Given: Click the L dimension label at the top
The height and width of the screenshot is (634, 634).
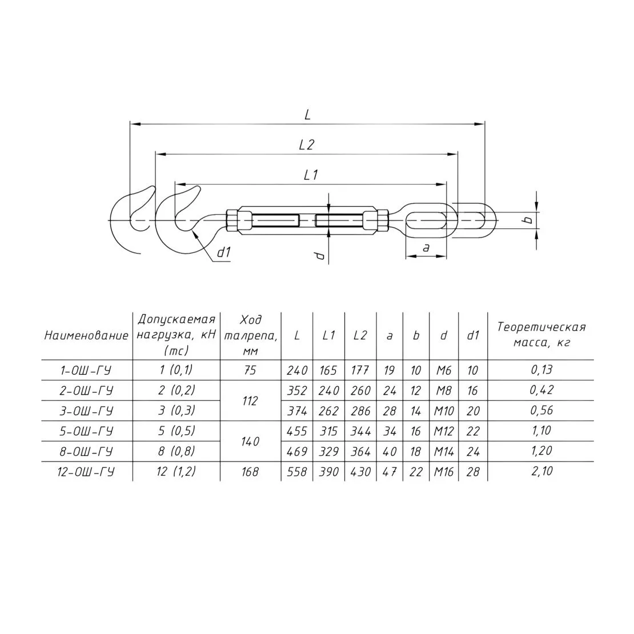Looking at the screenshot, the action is tap(307, 115).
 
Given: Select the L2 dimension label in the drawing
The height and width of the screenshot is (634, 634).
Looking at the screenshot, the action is tap(307, 145).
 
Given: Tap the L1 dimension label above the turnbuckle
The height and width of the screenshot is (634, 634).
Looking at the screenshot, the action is tap(311, 175).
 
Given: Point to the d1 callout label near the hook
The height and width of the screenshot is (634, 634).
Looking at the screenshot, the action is tap(223, 252).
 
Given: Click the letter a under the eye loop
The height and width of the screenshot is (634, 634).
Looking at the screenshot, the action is tap(426, 248).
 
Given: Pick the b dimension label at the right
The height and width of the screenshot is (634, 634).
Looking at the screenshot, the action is tap(527, 219).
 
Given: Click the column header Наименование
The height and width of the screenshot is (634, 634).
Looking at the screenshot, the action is tap(86, 335).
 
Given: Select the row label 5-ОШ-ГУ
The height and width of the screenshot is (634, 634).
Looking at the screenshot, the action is tap(86, 431).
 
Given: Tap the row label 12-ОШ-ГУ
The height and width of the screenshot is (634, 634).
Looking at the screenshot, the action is tap(86, 471).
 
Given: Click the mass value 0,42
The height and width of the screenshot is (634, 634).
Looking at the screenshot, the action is tap(541, 390).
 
